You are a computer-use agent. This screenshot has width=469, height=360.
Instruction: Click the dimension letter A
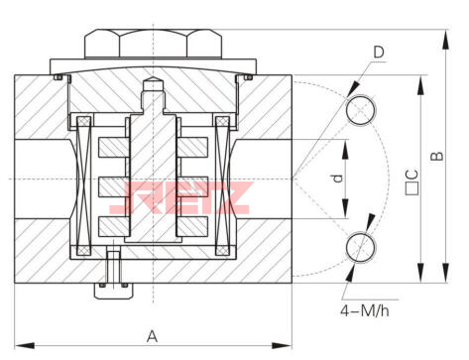(x=152, y=336)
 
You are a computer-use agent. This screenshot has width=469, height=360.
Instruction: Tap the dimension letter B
(x=437, y=156)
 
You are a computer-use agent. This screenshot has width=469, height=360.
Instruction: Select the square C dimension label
(x=411, y=182)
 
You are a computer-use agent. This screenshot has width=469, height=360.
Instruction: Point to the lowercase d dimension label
(x=337, y=179)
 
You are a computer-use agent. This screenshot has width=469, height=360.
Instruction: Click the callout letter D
(x=379, y=52)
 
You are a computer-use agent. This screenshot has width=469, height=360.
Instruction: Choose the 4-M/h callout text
(x=365, y=311)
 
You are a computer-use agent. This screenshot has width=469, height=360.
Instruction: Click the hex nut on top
(x=153, y=44)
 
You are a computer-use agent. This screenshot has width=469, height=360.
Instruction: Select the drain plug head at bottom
(x=114, y=291)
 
